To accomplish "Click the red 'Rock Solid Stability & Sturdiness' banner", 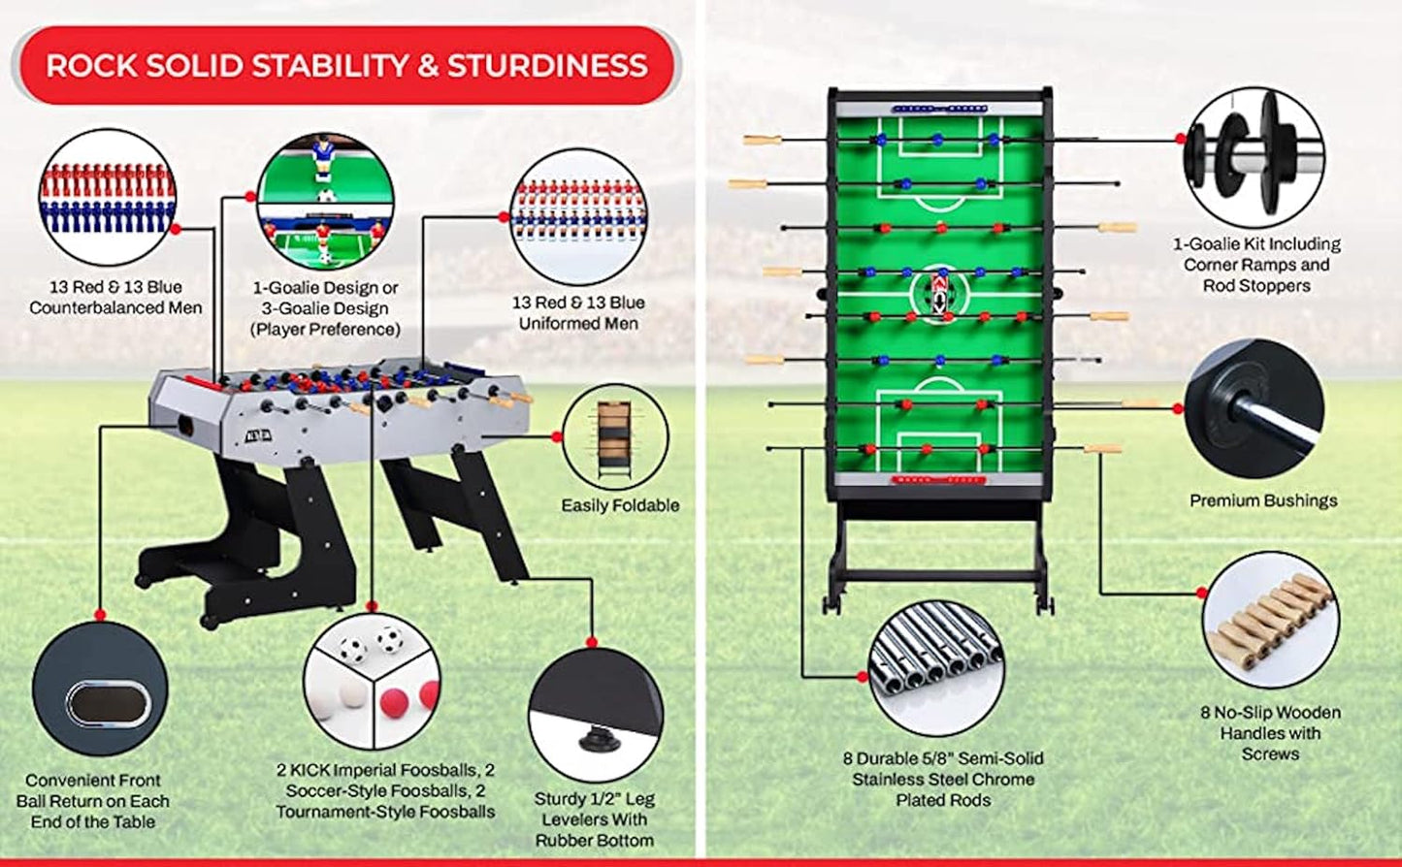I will coord(345,65).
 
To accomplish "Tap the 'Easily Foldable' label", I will coord(620,505).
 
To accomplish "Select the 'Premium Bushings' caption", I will coord(1263,500).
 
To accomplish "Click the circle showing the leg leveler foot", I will coord(596,715).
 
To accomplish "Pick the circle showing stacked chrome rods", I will coord(935,668).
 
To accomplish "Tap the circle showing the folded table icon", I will coord(615,437).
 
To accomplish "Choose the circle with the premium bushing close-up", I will coord(1254,408).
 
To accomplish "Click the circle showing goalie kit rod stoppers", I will coord(1255,157).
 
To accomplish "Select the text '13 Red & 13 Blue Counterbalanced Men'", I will coord(115,297).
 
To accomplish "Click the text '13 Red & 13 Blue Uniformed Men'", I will coord(578,312).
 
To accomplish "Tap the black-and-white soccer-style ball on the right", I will coord(389,639).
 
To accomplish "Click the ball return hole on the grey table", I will coord(181,423).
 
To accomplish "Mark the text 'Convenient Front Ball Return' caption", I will coord(93,800).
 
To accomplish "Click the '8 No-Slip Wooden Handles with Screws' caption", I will coord(1270,732).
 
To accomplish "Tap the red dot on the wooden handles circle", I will coord(1203,593).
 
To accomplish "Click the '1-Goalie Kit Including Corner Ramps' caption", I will coord(1255,265).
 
